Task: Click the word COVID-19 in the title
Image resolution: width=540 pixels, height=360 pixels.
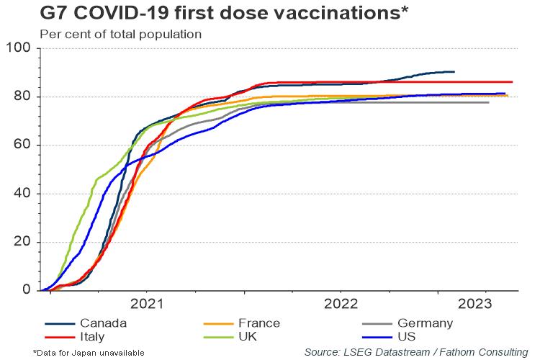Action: point(122,13)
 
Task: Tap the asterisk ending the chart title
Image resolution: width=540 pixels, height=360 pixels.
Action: point(404,9)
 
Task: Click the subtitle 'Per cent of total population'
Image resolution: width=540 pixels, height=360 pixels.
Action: point(120,35)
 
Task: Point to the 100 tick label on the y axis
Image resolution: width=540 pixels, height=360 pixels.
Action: point(18,48)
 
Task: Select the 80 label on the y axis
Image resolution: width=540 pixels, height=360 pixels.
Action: point(22,96)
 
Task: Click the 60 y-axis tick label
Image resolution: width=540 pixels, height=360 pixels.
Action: point(22,144)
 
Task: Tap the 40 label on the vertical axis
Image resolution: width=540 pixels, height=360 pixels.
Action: point(22,193)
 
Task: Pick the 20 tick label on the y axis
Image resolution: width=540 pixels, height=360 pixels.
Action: point(22,241)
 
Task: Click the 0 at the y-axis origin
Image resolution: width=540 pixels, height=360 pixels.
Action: point(27,289)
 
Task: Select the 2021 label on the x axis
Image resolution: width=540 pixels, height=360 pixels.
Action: point(147,304)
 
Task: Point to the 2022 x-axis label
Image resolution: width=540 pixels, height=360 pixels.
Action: point(341,304)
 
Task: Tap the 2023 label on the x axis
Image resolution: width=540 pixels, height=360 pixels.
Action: point(475,304)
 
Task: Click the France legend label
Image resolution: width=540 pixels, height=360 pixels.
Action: point(259,323)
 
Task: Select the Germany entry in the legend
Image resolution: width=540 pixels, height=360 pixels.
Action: point(425,323)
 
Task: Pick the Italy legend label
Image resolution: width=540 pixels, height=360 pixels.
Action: point(92,336)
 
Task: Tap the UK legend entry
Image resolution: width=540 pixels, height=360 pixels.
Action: point(248,336)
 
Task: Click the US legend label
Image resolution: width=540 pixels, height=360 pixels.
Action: point(406,336)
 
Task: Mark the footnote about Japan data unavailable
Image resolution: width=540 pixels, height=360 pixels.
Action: point(89,353)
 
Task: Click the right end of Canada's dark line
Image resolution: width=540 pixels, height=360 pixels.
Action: point(454,72)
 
